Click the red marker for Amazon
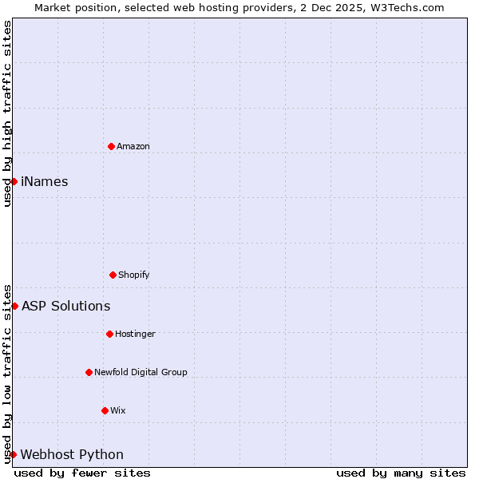[x=111, y=146]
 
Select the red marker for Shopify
[x=113, y=275]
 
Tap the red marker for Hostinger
[x=109, y=334]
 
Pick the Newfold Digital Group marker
[x=89, y=372]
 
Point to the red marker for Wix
[x=105, y=410]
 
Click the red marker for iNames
[x=14, y=181]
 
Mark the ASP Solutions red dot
[x=14, y=306]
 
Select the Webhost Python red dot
[x=13, y=454]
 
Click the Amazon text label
[x=133, y=146]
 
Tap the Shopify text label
[x=134, y=275]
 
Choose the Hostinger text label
[x=135, y=334]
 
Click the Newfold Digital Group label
[x=141, y=372]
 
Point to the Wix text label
[x=118, y=410]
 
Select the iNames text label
[x=45, y=181]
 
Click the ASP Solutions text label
[x=66, y=306]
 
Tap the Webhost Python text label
[x=72, y=454]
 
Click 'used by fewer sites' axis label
[x=82, y=473]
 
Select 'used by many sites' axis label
[x=401, y=473]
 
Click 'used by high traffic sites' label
[x=7, y=113]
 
